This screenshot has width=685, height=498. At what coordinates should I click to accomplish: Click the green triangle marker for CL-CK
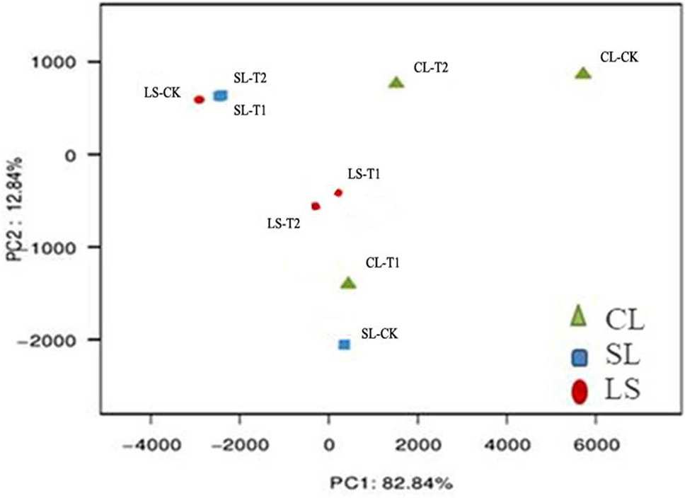click(582, 74)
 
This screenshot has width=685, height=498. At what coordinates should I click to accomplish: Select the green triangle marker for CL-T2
click(396, 83)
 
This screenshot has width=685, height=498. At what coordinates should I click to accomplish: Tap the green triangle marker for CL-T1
click(348, 283)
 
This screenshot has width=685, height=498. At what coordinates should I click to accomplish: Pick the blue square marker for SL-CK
click(345, 344)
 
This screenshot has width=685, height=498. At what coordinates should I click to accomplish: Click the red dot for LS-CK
click(199, 100)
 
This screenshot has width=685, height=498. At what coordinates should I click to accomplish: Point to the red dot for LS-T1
click(338, 192)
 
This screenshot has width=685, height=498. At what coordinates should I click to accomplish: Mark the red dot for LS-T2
click(316, 206)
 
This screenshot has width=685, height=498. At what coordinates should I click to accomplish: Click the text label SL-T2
click(249, 78)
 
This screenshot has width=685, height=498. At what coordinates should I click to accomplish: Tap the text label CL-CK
click(619, 57)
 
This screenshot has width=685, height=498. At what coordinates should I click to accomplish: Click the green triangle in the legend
click(580, 316)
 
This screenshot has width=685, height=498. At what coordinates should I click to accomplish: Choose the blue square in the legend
click(580, 358)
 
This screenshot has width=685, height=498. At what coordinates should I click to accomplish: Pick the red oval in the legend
click(580, 392)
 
